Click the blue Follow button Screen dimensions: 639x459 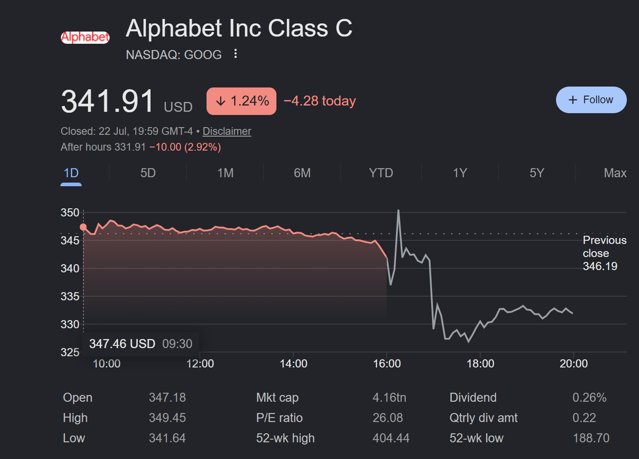(x=591, y=100)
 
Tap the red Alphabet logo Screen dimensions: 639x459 (x=85, y=37)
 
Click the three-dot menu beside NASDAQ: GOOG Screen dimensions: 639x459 (x=235, y=54)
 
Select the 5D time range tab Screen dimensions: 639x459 (x=148, y=173)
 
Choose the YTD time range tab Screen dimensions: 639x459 (x=381, y=173)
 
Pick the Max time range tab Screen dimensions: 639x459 (x=615, y=173)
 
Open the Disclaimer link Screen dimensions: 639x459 (x=227, y=131)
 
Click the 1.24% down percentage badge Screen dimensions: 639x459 (x=241, y=101)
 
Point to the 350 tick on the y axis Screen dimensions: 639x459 (x=70, y=212)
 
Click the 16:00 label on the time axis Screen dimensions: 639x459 (x=387, y=364)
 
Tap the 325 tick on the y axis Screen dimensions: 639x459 (x=70, y=352)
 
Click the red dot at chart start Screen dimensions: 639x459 (x=83, y=227)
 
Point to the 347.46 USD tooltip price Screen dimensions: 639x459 (x=122, y=344)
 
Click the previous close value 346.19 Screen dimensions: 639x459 (x=600, y=266)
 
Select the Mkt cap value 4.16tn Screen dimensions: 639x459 (x=389, y=397)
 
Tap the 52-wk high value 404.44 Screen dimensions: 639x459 (x=391, y=438)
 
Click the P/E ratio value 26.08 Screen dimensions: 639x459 (x=388, y=418)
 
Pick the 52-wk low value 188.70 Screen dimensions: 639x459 (x=591, y=438)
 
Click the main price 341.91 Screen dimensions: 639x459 (x=107, y=101)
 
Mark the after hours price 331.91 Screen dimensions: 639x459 (x=130, y=147)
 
